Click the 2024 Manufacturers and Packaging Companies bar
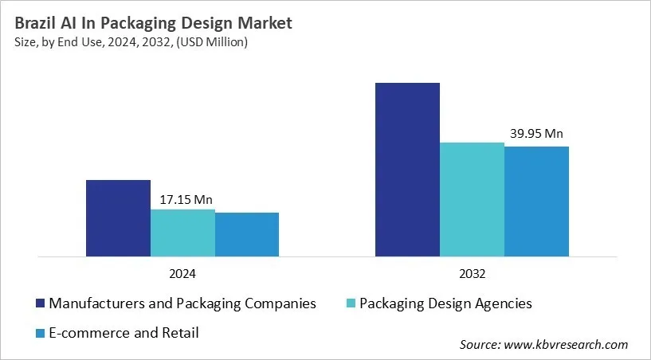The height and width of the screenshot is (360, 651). tap(118, 218)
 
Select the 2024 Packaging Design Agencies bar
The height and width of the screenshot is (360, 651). tap(182, 233)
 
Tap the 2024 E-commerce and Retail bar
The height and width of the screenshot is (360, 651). tap(247, 234)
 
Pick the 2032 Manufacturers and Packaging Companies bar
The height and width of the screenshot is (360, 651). tap(408, 170)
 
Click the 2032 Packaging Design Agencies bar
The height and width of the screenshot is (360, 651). tap(473, 199)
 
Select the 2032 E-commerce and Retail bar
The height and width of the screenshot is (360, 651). tap(537, 202)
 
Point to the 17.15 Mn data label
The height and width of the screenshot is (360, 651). tap(182, 199)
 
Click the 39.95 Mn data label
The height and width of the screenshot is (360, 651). tap(537, 134)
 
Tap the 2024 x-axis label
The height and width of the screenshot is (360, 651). tap(182, 273)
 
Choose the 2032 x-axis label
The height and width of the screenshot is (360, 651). tap(473, 273)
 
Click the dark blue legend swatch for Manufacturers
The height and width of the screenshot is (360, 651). tap(39, 303)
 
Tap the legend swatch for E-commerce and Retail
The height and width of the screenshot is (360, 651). tap(39, 333)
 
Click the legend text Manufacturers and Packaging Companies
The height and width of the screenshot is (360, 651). tap(182, 303)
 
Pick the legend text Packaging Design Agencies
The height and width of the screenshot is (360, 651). tap(445, 303)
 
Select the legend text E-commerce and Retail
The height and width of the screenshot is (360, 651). tap(124, 333)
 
